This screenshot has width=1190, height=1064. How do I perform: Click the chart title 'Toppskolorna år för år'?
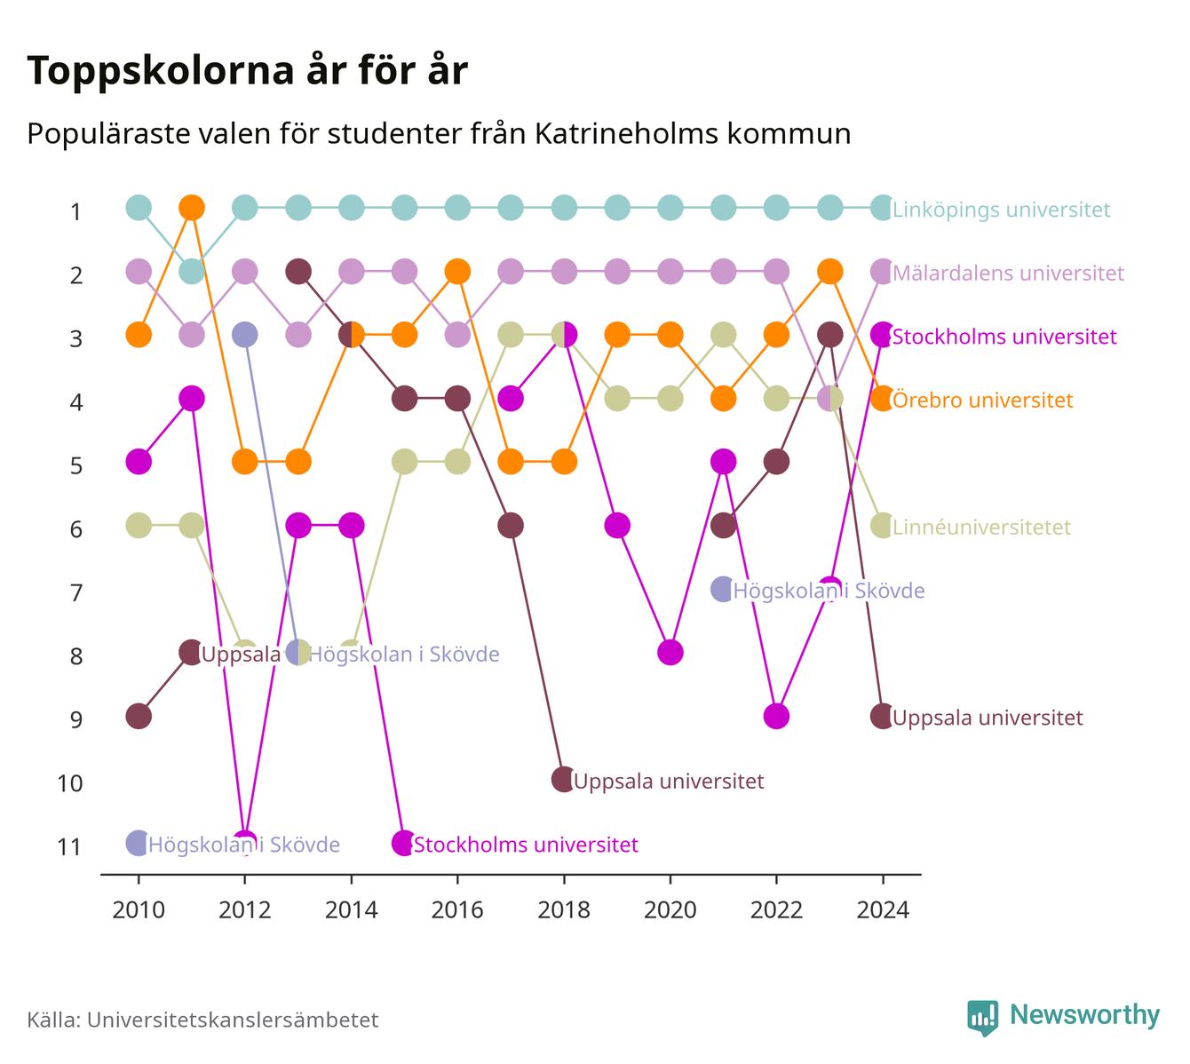coord(247,70)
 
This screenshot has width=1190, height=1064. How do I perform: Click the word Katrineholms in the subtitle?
coord(627,134)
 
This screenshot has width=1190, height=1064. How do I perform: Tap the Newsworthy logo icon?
coord(982,1017)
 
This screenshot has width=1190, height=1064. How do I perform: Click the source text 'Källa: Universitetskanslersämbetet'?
coord(202,1020)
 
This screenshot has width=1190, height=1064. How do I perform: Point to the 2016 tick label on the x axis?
coord(457,910)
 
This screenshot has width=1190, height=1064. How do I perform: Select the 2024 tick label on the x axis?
coord(882,910)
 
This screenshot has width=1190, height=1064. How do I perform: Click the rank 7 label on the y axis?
coord(76,593)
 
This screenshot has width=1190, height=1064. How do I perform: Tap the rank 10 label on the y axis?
coord(70,783)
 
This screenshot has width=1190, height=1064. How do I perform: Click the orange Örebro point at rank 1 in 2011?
coord(192,208)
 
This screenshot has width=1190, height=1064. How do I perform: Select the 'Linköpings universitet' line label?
coord(1001,210)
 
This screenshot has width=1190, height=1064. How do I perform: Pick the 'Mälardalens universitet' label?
coord(1008,274)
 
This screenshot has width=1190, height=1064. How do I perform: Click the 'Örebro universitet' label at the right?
coord(982,400)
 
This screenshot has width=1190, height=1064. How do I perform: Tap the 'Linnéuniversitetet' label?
coord(981,527)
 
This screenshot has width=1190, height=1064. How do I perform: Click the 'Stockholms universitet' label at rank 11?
coord(526,845)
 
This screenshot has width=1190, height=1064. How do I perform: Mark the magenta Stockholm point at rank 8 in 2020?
coord(670,652)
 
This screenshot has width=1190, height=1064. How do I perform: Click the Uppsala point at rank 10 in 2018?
coord(563,779)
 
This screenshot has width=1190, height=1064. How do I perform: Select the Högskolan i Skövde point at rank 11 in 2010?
coord(139,843)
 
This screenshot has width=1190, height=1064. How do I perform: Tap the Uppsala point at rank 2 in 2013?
coord(297,272)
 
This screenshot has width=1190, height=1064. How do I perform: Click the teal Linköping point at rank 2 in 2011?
coord(192,272)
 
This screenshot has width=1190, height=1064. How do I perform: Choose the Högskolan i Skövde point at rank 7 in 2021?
coord(723,589)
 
